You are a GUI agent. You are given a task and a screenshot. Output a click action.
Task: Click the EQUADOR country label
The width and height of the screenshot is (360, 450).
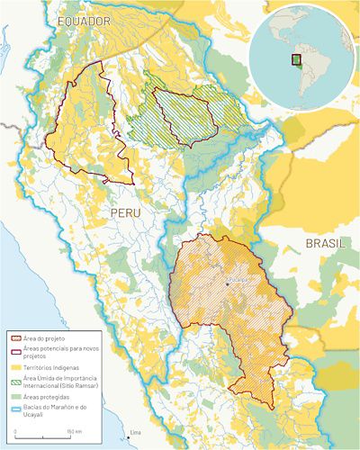[83, 20]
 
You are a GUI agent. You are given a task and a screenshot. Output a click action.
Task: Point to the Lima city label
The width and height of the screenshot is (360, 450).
[136, 433]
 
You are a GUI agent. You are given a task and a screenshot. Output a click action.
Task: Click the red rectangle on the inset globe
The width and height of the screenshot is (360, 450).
[294, 60]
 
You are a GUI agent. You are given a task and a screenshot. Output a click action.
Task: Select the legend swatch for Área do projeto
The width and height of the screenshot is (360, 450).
[13, 335]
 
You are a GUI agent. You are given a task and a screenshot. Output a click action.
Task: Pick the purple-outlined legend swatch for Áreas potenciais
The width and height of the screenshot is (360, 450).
[13, 346]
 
